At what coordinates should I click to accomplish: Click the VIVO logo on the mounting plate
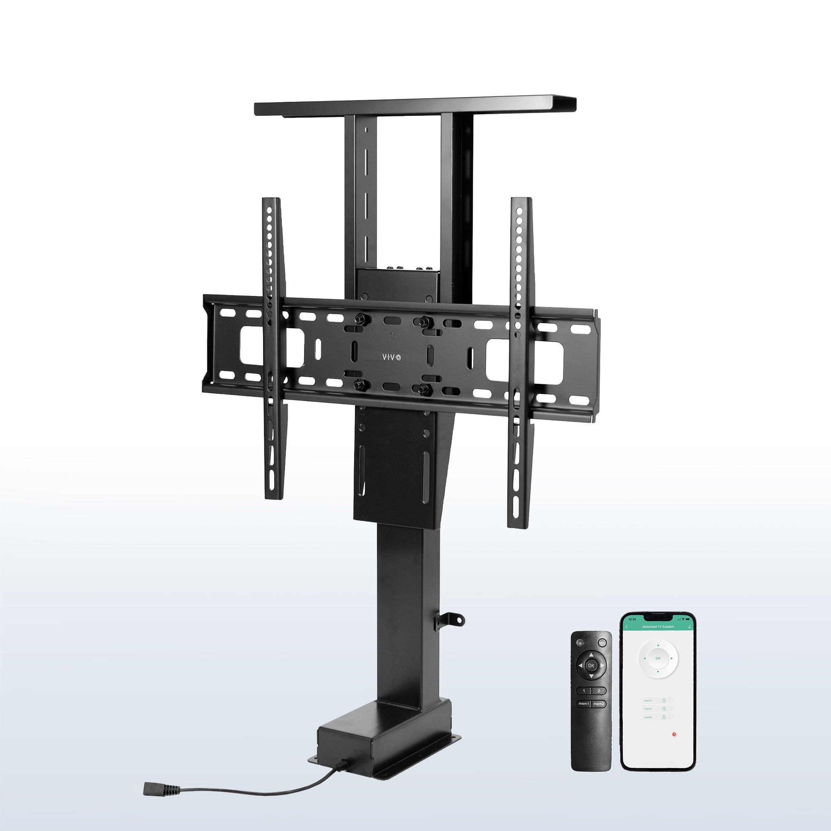point(391,357)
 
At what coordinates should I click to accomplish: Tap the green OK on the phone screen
point(658,659)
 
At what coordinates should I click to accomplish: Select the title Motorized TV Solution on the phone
point(659,627)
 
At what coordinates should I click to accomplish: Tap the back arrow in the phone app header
point(627,627)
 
